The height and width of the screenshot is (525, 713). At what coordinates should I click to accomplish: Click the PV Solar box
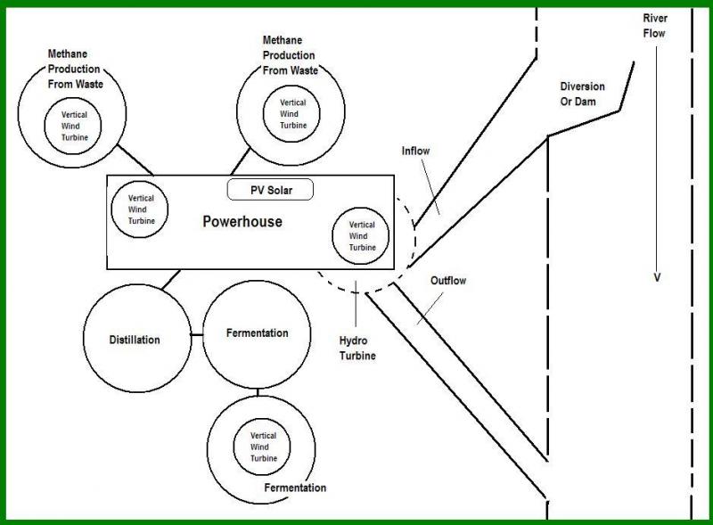coord(272,189)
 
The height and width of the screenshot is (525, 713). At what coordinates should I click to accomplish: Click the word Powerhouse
coord(242,221)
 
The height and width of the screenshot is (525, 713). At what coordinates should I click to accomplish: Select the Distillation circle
coord(135,340)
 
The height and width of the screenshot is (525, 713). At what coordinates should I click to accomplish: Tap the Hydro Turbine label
coord(357,349)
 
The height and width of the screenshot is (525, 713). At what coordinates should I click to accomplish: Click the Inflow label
coord(415,152)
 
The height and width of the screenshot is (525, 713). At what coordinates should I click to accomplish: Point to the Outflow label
coord(448,281)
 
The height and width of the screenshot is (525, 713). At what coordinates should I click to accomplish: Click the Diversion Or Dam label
coord(582,94)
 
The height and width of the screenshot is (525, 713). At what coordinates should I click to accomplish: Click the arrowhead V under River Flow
coord(657,277)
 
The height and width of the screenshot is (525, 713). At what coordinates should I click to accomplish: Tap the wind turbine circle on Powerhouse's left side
coord(141,209)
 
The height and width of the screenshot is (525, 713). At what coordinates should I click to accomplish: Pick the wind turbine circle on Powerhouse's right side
coord(361,235)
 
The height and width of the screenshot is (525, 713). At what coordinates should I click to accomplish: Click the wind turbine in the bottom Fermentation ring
coord(263,447)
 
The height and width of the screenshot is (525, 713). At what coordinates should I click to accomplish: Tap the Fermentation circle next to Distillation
coord(257,333)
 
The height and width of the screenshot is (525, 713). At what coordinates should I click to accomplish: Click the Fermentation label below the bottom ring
coord(295,488)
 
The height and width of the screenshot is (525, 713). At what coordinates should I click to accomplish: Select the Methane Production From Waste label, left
coord(76,69)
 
